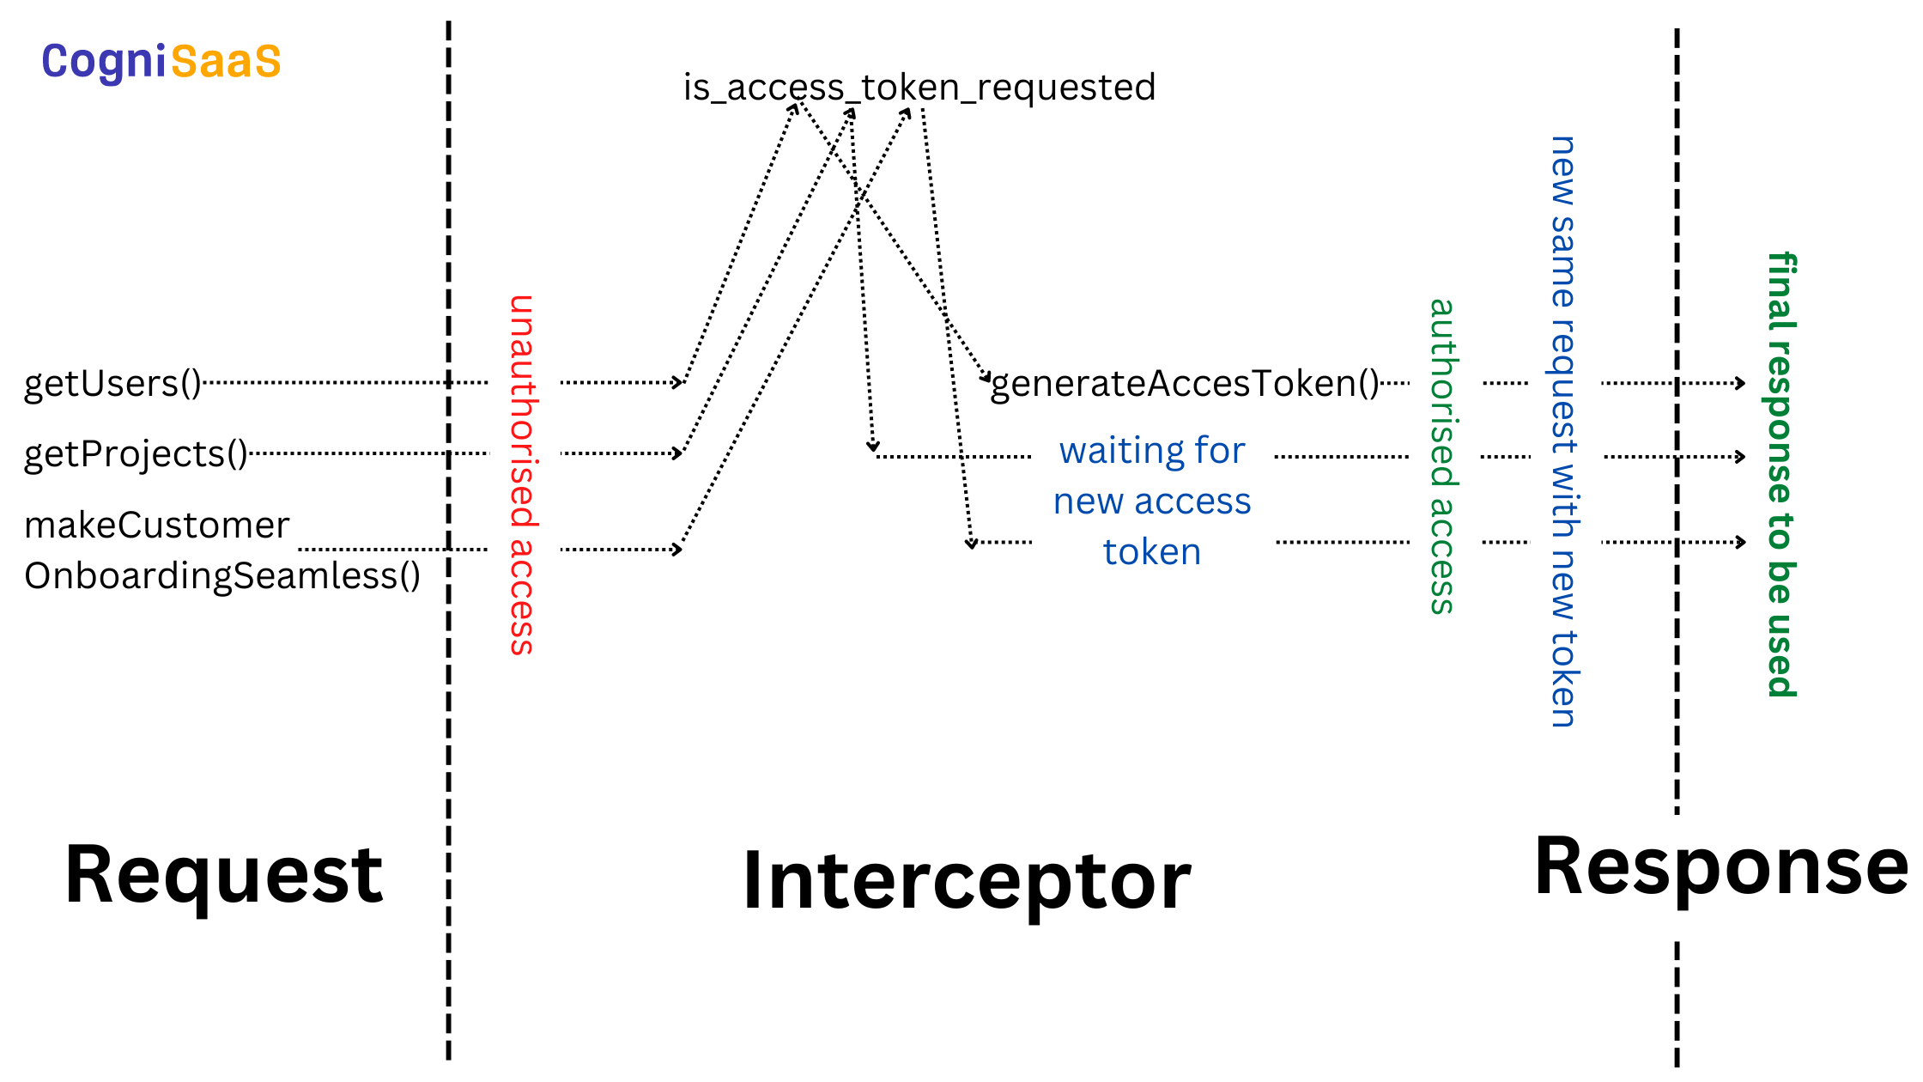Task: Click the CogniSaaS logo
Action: [161, 62]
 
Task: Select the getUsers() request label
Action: [112, 384]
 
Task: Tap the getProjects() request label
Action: [136, 454]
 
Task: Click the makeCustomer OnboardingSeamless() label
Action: [221, 550]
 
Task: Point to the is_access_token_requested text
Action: [919, 88]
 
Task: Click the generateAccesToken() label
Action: [1184, 384]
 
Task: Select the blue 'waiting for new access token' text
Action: [1151, 501]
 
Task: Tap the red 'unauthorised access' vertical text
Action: [522, 475]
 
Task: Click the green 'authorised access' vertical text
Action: [1442, 456]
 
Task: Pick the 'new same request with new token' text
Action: [1563, 432]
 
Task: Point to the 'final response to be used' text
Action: [1781, 475]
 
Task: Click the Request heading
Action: [223, 875]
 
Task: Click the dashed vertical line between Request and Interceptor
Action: [448, 687]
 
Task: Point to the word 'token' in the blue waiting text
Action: [1151, 552]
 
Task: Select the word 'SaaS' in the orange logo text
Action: [226, 62]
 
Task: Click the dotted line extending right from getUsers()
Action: [343, 382]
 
